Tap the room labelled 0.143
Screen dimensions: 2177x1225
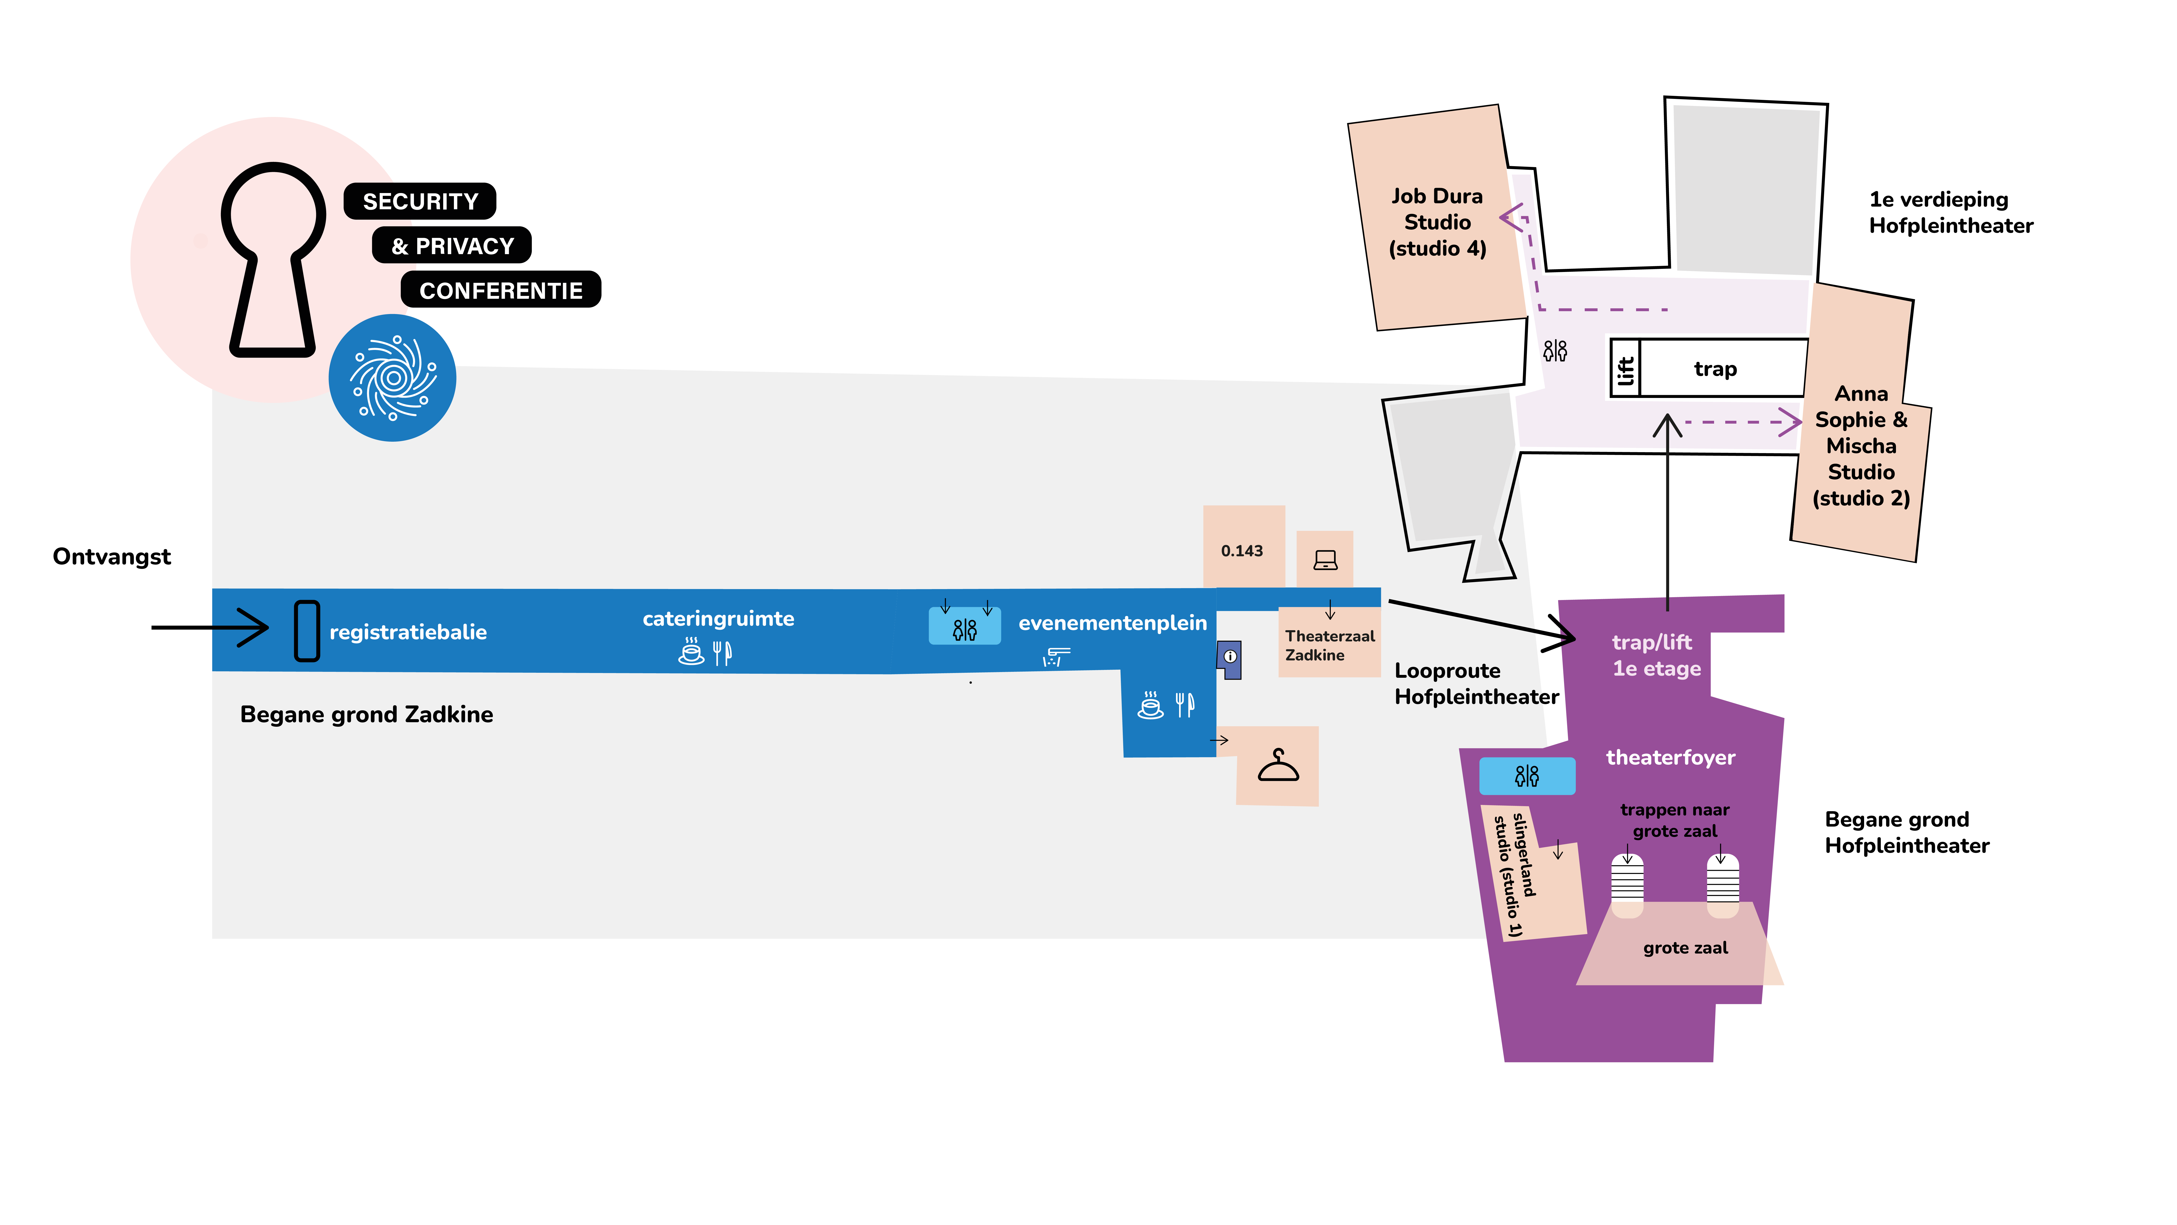(x=1242, y=551)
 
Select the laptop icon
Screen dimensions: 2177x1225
(x=1325, y=560)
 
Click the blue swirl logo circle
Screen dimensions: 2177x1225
(x=392, y=378)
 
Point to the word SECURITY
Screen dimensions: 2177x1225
(x=420, y=201)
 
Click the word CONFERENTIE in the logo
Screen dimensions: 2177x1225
(x=501, y=291)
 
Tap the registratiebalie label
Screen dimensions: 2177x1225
(x=408, y=632)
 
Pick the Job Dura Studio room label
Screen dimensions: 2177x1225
(x=1438, y=222)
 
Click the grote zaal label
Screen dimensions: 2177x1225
(x=1685, y=948)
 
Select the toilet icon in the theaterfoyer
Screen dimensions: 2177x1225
(x=1527, y=775)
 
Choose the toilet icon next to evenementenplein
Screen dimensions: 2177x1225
(x=964, y=629)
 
